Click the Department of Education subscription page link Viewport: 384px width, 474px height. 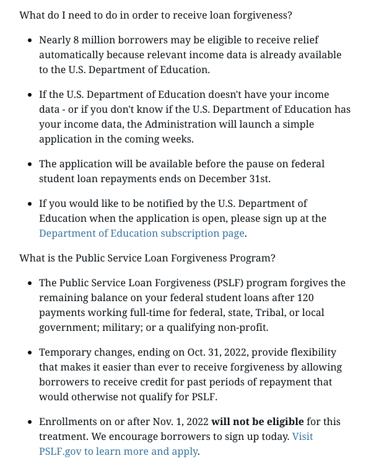point(142,234)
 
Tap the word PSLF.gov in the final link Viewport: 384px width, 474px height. point(60,452)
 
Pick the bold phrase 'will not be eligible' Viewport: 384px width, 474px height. point(258,422)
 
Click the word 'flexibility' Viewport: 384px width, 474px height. point(314,353)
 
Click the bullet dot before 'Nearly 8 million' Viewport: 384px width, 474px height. point(31,40)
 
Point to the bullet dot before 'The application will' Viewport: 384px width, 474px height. point(31,164)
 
